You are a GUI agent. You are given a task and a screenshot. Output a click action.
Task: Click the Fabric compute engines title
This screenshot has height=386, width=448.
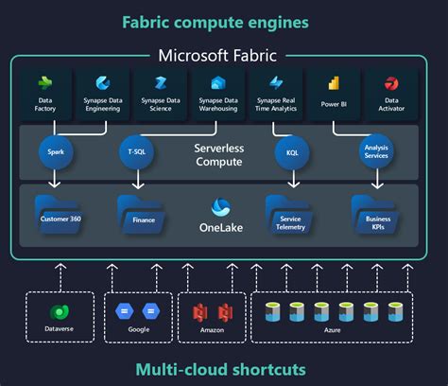[x=223, y=21]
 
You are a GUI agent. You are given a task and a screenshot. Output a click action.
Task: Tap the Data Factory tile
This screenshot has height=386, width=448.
[x=44, y=94]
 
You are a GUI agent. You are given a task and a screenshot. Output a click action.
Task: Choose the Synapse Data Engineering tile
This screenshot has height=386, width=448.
[x=102, y=94]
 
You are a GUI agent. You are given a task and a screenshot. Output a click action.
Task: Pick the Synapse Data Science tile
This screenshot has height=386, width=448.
[x=160, y=94]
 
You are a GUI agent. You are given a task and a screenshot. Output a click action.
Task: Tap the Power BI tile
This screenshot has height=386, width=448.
[x=334, y=94]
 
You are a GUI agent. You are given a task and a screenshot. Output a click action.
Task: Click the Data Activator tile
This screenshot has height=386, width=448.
[x=391, y=94]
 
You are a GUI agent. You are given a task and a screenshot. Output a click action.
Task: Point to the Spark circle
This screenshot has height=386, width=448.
[x=54, y=150]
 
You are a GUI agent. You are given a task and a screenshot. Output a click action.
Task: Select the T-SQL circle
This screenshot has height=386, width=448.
[x=136, y=150]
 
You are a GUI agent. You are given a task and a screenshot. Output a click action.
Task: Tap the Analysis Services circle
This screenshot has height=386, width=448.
[x=376, y=149]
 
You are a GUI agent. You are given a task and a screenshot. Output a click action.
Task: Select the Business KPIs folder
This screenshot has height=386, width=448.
[x=370, y=212]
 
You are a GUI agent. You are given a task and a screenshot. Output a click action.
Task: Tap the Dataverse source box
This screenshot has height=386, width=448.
[x=59, y=316]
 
